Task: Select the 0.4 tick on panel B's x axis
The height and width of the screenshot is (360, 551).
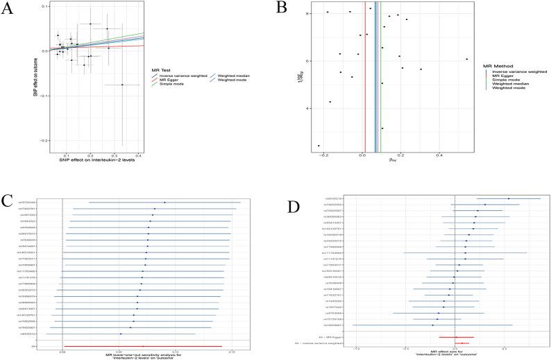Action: point(439,156)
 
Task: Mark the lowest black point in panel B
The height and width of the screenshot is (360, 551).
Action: point(319,146)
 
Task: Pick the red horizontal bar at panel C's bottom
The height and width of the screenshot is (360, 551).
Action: point(142,345)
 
